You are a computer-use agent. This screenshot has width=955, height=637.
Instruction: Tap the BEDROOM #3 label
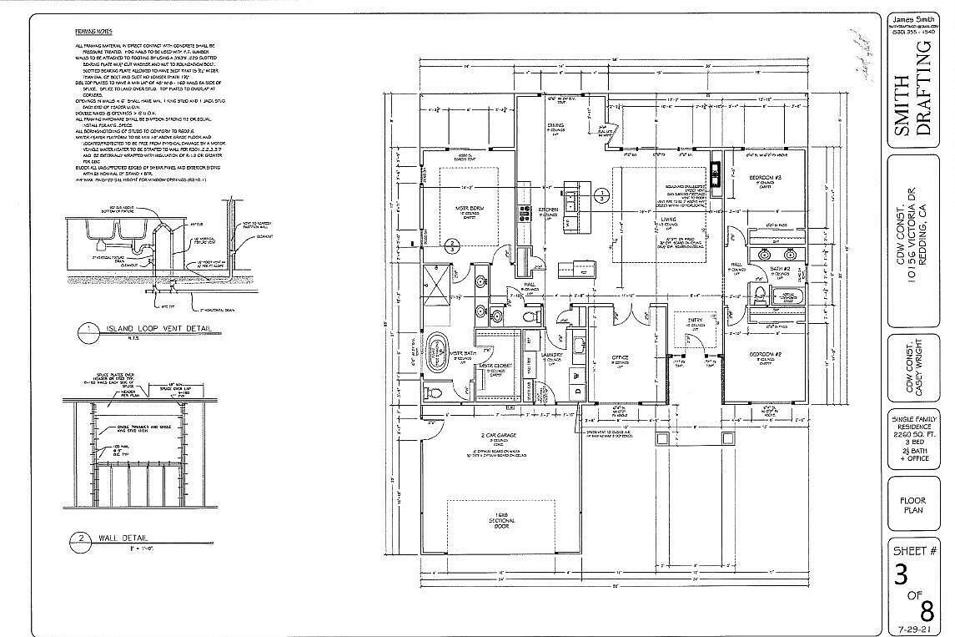[763, 179]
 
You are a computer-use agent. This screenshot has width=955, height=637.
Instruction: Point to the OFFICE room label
[619, 357]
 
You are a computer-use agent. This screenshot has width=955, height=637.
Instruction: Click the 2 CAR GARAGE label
[498, 437]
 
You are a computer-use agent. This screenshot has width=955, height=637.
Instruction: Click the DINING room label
[555, 126]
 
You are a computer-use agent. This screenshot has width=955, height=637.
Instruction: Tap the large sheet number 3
[901, 575]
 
